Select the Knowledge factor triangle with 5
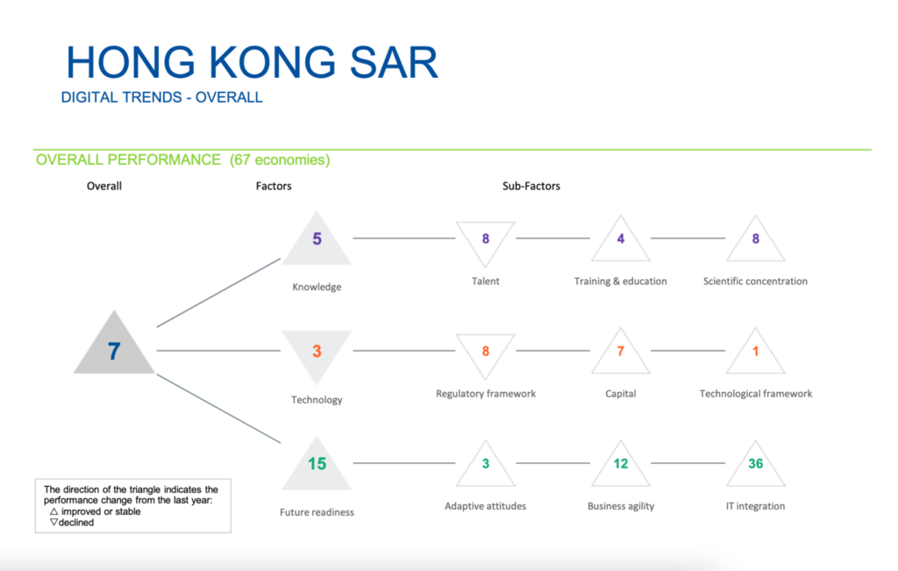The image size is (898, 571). point(317,241)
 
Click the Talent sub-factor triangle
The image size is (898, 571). point(486,239)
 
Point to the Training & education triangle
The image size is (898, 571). point(621,241)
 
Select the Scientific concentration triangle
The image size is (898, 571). point(756,241)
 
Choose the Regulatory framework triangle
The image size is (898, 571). point(486,351)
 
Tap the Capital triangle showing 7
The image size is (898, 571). point(621,353)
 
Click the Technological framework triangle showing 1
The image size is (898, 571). point(756,353)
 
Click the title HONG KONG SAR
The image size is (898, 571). point(252,63)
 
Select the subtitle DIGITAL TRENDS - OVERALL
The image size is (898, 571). point(161,97)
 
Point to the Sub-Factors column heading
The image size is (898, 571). point(531,186)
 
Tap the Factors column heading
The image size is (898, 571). point(274,186)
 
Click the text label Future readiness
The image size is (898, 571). point(317,512)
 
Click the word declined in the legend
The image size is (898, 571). point(76,523)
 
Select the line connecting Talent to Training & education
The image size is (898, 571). point(553,238)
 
